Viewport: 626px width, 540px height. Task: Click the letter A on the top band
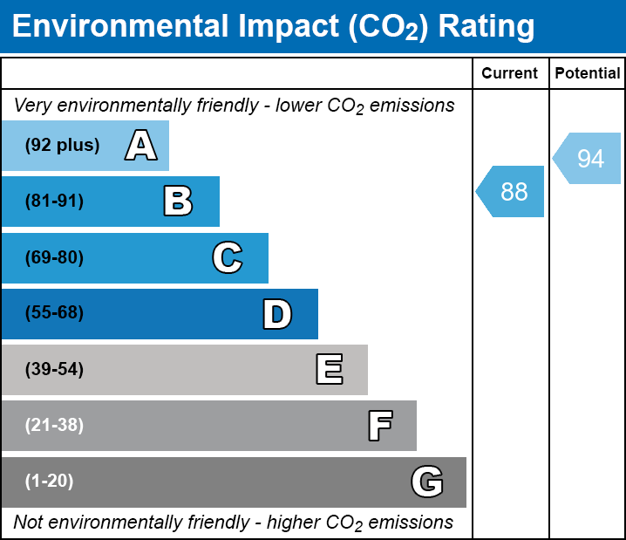141,146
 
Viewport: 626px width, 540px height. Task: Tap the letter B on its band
178,202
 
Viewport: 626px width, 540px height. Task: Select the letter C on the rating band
228,257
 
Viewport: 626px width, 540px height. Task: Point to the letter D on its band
277,314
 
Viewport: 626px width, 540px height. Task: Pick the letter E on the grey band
329,370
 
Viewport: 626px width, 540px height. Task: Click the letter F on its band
379,426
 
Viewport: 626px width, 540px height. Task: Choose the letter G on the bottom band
427,482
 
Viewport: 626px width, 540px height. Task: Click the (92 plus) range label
62,146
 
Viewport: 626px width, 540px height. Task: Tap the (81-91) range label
54,202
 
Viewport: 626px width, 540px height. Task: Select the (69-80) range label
54,257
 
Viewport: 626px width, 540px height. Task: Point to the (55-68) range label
54,313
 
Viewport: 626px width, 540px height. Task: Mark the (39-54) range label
54,370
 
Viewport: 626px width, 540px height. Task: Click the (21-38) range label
54,426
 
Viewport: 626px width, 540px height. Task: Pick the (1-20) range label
50,482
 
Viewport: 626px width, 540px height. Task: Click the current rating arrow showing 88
512,191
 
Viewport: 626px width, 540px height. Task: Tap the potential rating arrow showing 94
589,159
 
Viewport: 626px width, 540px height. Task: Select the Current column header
510,74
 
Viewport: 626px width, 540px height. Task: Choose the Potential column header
588,74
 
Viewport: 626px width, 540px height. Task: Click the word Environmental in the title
113,27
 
